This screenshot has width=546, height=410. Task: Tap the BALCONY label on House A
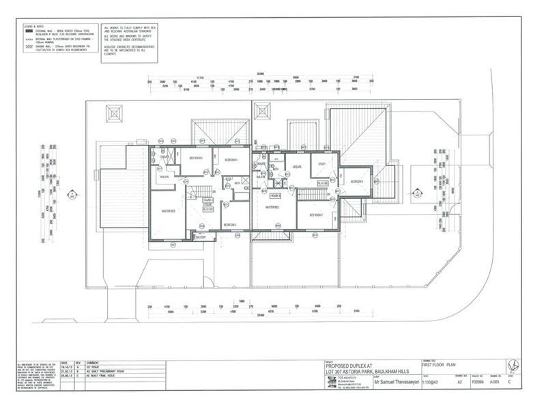201,236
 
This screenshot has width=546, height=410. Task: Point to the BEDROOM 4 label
231,159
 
